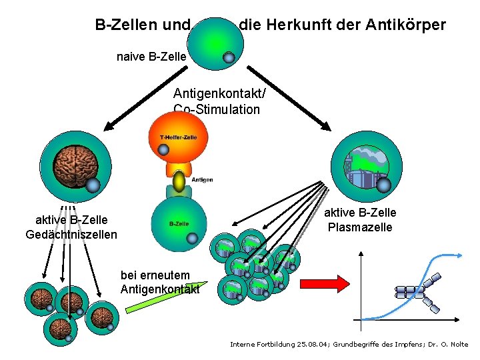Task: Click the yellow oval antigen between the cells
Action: click(x=179, y=181)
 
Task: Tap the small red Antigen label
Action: click(x=203, y=179)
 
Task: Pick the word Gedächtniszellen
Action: click(x=71, y=234)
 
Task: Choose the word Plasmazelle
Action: click(x=360, y=227)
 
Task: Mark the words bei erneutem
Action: click(x=155, y=275)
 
